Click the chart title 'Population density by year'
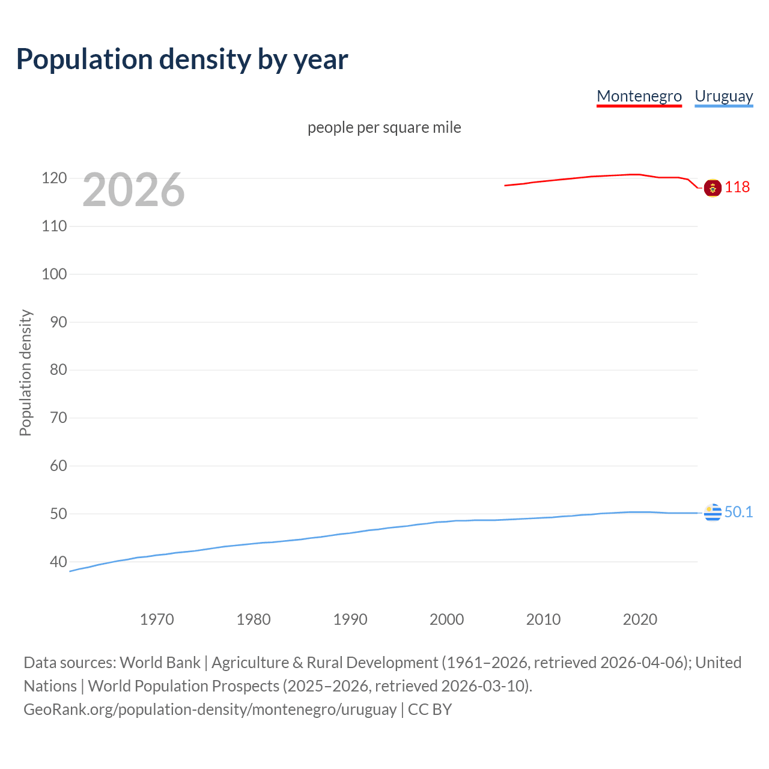click(182, 59)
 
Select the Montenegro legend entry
click(639, 96)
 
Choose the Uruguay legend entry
click(723, 96)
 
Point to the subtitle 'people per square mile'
click(384, 127)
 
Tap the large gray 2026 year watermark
click(133, 190)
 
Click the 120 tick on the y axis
click(54, 178)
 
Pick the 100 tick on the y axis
click(54, 274)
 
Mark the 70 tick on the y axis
click(58, 418)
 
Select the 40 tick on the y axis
click(58, 562)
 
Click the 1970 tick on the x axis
click(157, 619)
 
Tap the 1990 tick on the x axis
click(350, 619)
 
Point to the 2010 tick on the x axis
click(543, 619)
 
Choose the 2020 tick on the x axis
click(640, 619)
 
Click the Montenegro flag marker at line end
click(713, 188)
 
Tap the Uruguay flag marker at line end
click(713, 512)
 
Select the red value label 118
click(737, 187)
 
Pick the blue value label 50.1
click(738, 512)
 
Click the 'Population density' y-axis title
click(25, 372)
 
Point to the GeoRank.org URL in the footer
click(210, 710)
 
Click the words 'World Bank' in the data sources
click(160, 663)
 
